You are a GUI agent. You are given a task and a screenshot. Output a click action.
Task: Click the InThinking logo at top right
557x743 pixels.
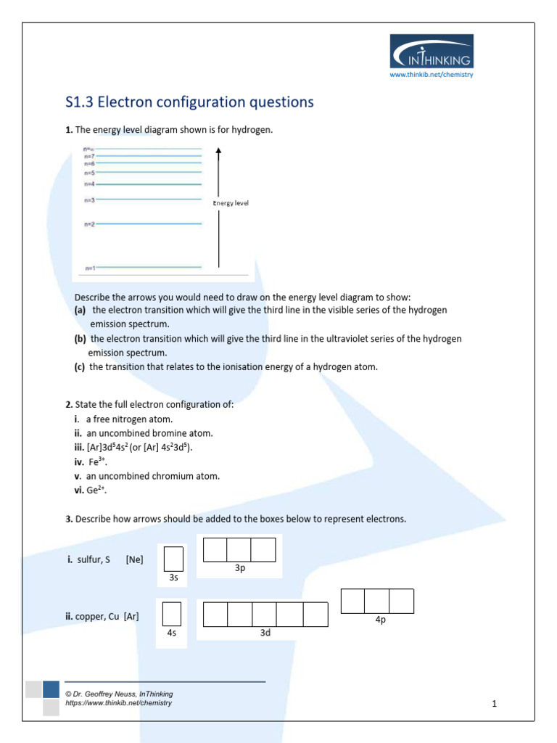coord(432,52)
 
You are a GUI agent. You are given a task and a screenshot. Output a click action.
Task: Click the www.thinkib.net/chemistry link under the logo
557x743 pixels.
coord(432,75)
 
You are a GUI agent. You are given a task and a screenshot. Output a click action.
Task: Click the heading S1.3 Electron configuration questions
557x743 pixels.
coord(189,102)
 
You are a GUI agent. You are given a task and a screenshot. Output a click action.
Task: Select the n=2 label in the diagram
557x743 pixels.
coord(90,224)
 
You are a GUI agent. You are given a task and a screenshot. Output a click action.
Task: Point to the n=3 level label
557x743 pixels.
coord(90,200)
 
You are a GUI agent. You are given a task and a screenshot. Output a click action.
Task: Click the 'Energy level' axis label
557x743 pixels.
coord(231,203)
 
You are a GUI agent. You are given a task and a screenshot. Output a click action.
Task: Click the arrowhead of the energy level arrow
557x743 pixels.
coord(219,151)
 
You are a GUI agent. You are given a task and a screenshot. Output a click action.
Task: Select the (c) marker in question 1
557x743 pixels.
coord(80,367)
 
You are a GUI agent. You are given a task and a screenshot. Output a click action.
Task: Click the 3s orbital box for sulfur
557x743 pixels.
coord(173,559)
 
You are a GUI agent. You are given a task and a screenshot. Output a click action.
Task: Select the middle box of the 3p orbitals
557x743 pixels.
coord(239,550)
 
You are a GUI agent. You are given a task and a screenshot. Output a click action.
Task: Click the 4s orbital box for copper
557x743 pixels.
coord(172,614)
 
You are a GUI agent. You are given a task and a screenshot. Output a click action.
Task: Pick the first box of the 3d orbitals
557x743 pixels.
coord(215,614)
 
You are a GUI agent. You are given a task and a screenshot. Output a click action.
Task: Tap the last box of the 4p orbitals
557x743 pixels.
coord(401,601)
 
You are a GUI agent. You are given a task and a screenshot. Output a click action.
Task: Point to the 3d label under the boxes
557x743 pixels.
coord(265,633)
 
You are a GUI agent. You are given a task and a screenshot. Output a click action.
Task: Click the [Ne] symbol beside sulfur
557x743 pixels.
coord(134,560)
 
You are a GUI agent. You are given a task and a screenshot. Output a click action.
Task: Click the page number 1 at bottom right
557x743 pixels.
coord(494,703)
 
